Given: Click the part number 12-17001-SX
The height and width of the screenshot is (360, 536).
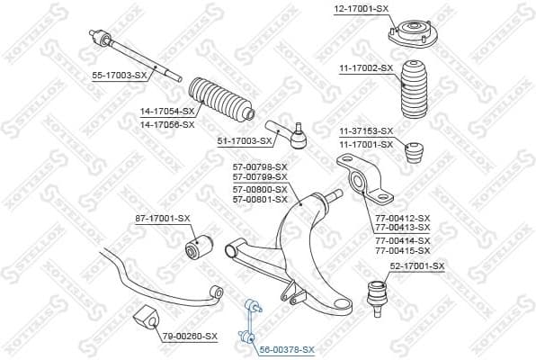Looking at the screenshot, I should coord(361,8).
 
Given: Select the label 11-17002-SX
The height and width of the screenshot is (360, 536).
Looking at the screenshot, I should coord(365,67).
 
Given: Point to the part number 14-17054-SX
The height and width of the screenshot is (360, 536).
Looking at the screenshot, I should coord(166,113).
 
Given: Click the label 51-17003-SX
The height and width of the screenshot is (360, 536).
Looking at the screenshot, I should coord(245,141).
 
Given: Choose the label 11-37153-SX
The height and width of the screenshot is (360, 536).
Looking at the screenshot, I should coord(365,132).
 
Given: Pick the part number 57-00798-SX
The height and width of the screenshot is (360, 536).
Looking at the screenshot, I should coord(261,166).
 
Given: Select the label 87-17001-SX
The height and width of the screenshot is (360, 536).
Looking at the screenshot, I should coord(164,218).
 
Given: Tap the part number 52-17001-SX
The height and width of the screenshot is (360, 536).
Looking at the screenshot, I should coord(416,266).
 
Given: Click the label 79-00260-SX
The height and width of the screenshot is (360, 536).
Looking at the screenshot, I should coord(190,336).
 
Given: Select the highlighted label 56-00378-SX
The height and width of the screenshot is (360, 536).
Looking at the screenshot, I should coord(287,348).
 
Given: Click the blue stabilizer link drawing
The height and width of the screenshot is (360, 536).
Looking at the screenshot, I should coord(247,324).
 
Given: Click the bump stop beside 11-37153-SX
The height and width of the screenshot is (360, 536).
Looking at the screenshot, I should coord(416,156).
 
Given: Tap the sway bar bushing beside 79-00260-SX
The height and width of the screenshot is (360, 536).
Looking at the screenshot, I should coord(145,319).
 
